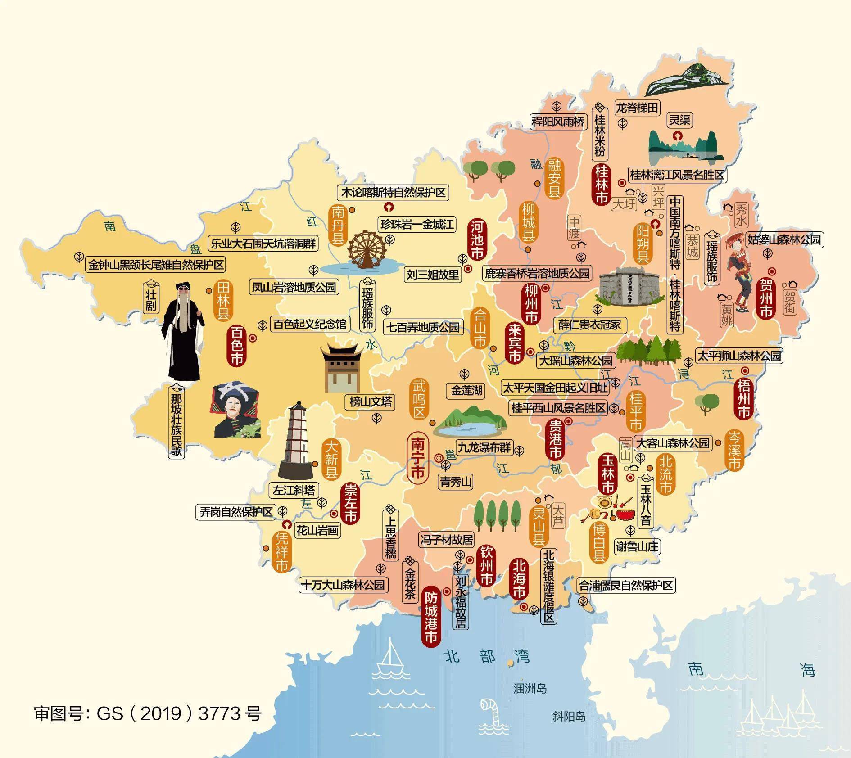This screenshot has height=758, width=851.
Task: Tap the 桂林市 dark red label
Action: coord(601,185)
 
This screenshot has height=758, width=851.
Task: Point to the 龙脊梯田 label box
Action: coord(637,108)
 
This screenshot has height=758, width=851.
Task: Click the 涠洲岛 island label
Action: coord(530,688)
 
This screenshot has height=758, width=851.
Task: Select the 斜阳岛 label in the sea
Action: coord(569,716)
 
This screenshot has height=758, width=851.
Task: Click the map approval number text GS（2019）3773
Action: coord(148,713)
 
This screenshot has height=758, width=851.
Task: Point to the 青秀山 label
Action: coord(456,482)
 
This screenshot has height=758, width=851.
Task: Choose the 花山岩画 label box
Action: coord(317,531)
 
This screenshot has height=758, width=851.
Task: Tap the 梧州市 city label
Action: coord(744,398)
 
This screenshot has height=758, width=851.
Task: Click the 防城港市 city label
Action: coord(431,617)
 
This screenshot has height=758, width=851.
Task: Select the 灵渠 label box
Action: coord(679,120)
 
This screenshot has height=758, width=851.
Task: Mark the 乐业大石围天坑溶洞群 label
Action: coord(263,244)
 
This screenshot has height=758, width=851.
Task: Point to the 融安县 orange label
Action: coord(554,178)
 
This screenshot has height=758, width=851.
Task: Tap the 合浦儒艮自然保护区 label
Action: coord(626,585)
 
